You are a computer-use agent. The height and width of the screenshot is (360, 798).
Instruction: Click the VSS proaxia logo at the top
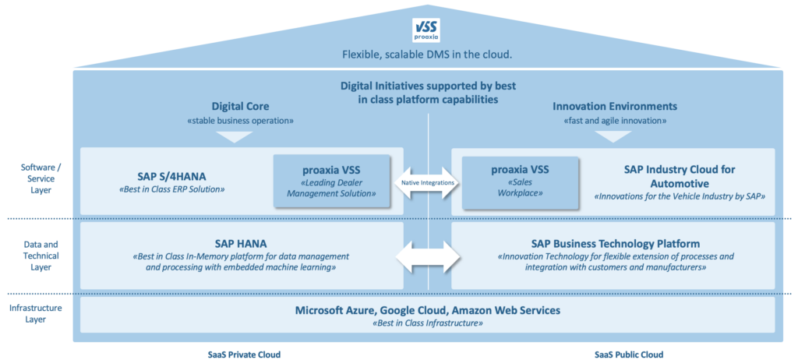(x=425, y=30)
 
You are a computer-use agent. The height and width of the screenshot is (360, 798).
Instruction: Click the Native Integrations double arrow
(x=429, y=182)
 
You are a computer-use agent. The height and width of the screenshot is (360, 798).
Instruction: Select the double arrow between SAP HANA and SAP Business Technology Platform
(x=429, y=256)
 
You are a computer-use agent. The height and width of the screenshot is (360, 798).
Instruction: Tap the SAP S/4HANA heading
(x=172, y=177)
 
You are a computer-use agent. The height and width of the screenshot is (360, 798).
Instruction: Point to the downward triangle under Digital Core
(x=235, y=137)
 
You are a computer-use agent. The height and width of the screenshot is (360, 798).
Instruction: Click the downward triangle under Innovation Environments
(x=613, y=137)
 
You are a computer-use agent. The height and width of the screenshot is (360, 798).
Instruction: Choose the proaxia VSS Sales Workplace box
(x=520, y=182)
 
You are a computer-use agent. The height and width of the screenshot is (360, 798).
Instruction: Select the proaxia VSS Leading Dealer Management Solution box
(x=332, y=182)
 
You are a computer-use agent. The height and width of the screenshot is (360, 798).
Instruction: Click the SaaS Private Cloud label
(x=244, y=355)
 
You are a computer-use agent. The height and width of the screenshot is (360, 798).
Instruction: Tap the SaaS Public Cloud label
(x=629, y=355)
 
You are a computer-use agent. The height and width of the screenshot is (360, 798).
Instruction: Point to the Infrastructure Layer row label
(x=36, y=314)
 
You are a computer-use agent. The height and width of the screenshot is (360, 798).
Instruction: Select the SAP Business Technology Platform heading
(x=616, y=243)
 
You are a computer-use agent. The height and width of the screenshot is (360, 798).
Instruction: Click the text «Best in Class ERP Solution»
(x=172, y=189)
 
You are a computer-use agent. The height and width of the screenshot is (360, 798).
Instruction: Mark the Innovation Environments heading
(x=615, y=107)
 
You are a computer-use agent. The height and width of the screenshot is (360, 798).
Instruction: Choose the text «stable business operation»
(x=241, y=122)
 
